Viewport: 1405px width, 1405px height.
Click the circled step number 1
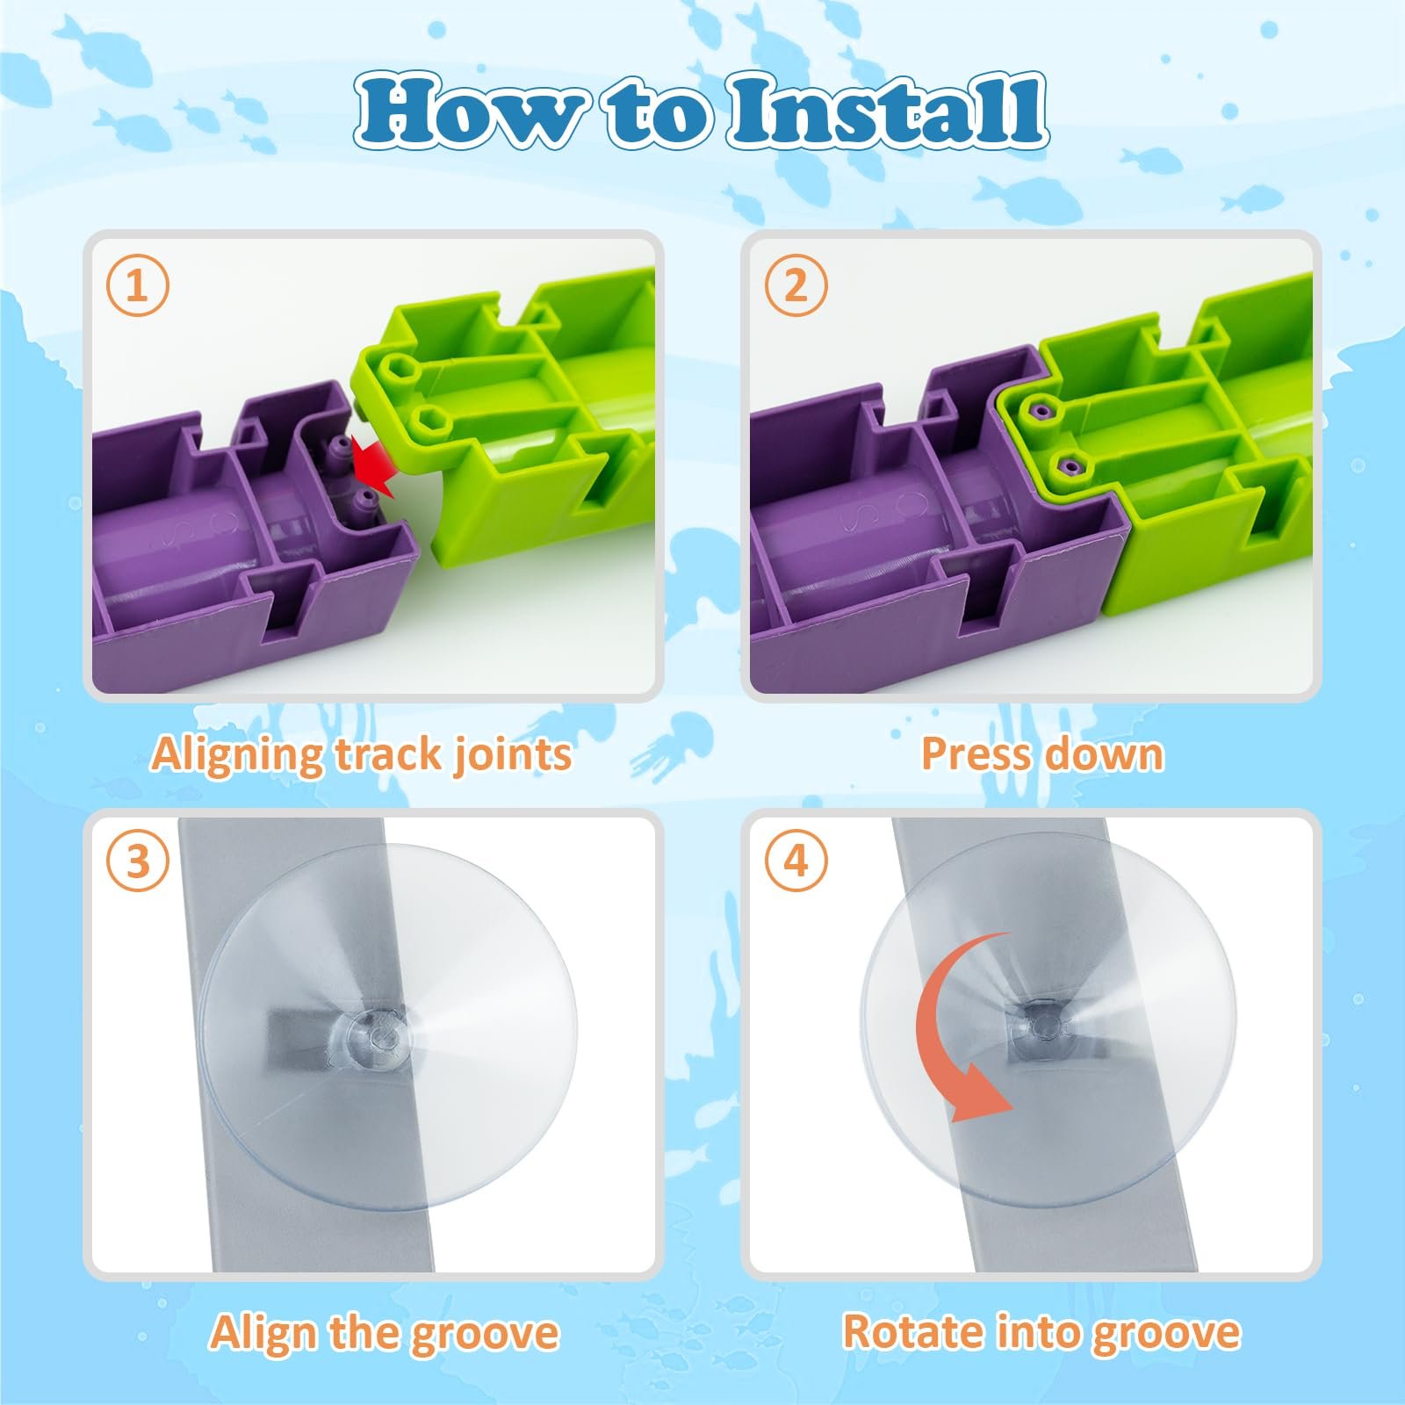click(137, 285)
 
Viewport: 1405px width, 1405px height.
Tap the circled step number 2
click(796, 285)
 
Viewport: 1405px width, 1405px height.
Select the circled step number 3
click(137, 861)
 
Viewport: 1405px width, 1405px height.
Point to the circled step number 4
click(796, 861)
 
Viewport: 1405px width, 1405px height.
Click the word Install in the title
click(887, 112)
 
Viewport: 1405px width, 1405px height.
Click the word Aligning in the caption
click(237, 755)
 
